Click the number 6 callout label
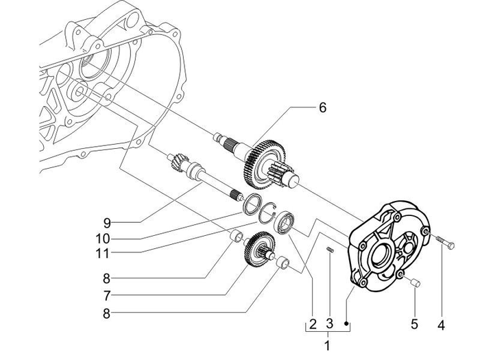(x=323, y=107)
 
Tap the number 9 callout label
(x=107, y=222)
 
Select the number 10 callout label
(x=103, y=239)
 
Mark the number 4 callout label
(x=442, y=322)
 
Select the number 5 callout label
(x=413, y=322)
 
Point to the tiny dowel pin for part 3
(x=330, y=250)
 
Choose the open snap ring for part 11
(x=269, y=213)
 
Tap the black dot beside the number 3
(x=348, y=323)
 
